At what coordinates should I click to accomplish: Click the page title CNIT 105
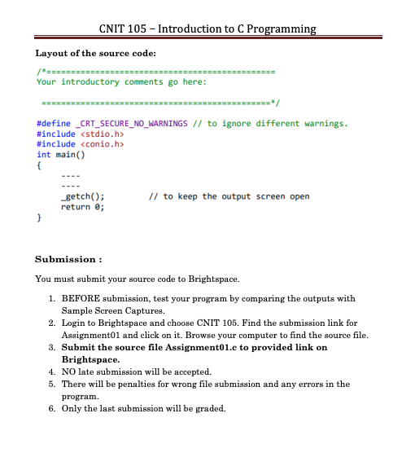pyautogui.click(x=207, y=29)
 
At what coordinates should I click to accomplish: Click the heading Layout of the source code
pyautogui.click(x=96, y=54)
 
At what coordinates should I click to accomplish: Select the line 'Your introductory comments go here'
pyautogui.click(x=122, y=81)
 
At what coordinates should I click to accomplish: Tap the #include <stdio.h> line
pyautogui.click(x=80, y=134)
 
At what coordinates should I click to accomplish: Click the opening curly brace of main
pyautogui.click(x=39, y=165)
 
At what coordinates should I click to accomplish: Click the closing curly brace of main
pyautogui.click(x=39, y=217)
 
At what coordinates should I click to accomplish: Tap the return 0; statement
pyautogui.click(x=84, y=206)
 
